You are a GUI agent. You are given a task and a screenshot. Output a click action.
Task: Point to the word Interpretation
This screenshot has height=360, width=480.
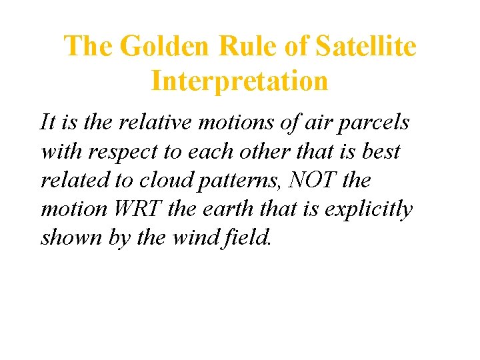click(239, 82)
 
